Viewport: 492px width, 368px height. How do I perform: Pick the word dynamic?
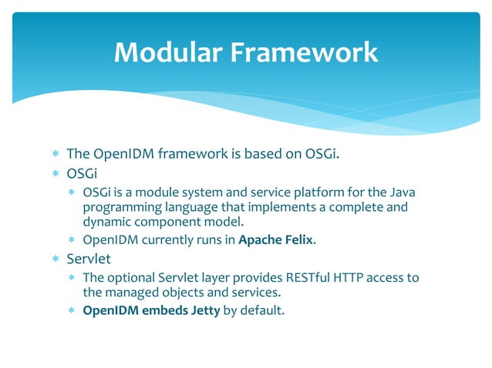109,223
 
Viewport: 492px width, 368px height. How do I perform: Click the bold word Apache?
263,239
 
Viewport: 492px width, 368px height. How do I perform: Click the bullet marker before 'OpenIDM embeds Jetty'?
71,311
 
